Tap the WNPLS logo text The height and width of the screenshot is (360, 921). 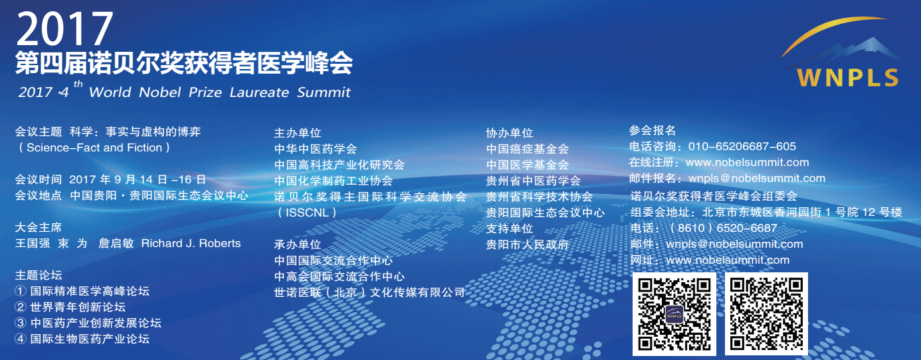(x=847, y=77)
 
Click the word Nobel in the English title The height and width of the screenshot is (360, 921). (x=160, y=92)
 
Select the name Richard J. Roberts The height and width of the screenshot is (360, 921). (x=191, y=243)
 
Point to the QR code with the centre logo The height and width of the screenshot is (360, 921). (x=674, y=314)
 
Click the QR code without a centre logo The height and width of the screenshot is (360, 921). (x=766, y=314)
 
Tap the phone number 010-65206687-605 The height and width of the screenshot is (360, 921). (x=742, y=146)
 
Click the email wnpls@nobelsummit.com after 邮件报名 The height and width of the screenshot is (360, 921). (x=757, y=179)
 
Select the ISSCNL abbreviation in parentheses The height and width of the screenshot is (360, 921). (x=307, y=213)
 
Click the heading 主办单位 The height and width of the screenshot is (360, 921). (x=297, y=133)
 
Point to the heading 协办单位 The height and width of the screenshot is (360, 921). (x=510, y=133)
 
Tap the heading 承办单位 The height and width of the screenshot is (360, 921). (x=297, y=244)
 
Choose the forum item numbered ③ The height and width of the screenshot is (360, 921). (x=88, y=323)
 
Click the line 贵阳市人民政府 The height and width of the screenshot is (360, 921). (x=527, y=244)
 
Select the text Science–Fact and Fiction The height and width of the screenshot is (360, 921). (x=94, y=147)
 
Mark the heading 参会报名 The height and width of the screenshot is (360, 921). (x=653, y=130)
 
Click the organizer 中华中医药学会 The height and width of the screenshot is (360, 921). (x=316, y=149)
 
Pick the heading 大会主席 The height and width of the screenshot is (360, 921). (x=39, y=227)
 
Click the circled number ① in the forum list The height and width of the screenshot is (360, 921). (x=21, y=292)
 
